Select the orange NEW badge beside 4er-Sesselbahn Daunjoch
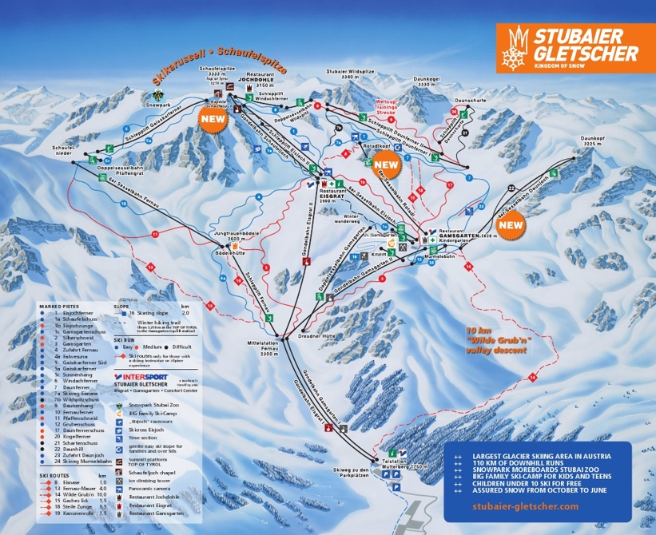click(x=510, y=225)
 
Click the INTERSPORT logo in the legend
click(x=145, y=374)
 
